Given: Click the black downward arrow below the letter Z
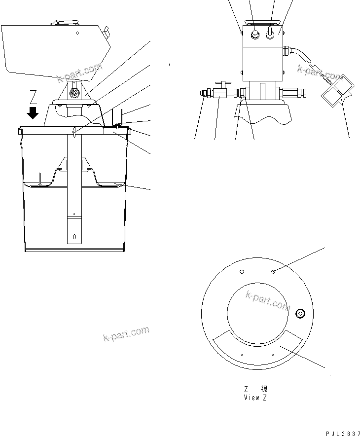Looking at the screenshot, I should (33, 113).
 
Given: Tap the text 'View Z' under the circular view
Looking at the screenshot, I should (255, 398).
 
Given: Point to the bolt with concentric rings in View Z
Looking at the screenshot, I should (299, 314).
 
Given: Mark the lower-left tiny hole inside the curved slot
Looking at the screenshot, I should (242, 354).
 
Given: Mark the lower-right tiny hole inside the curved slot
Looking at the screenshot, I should (273, 354).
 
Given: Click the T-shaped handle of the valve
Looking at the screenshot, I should (221, 85).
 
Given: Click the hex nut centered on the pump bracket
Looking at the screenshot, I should (74, 93).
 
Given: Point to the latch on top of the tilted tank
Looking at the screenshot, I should (64, 23).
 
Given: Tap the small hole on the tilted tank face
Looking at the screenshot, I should (77, 34).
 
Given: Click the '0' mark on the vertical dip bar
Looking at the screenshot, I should (74, 236).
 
